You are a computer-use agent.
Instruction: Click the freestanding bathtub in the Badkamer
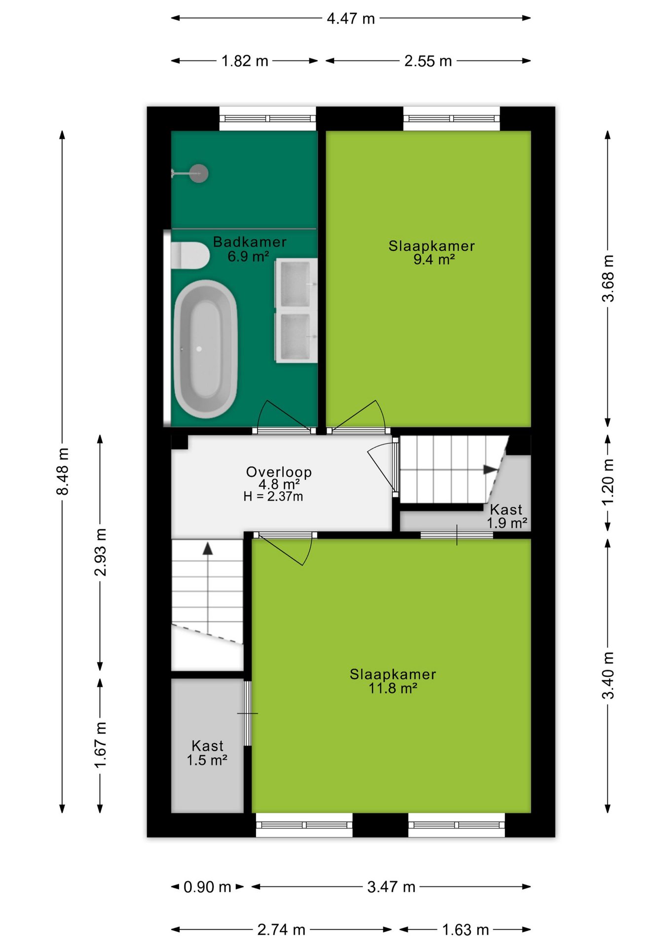tap(206, 349)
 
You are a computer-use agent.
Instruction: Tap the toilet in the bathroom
tap(190, 255)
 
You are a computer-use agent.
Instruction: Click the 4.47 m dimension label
tap(351, 18)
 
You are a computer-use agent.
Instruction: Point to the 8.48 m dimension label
tap(63, 471)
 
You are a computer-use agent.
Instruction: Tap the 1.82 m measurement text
tap(245, 61)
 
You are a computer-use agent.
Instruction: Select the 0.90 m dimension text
tap(207, 887)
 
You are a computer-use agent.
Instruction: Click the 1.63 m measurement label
tap(465, 930)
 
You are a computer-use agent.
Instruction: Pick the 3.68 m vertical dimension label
tap(608, 278)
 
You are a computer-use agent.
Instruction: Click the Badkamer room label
tap(250, 241)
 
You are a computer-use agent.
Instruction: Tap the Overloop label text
tap(279, 472)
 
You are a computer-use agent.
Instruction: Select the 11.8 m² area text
tap(393, 688)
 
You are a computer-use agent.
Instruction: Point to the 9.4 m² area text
tap(434, 259)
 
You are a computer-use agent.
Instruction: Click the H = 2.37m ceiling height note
tap(273, 496)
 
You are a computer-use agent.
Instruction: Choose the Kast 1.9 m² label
tap(507, 516)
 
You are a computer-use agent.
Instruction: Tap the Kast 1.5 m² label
tap(207, 752)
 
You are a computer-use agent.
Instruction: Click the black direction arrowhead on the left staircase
tap(208, 548)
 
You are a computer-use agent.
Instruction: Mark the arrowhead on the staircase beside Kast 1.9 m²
tap(490, 469)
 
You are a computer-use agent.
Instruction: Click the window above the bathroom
tap(267, 118)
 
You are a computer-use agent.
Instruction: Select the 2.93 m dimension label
tap(100, 552)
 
